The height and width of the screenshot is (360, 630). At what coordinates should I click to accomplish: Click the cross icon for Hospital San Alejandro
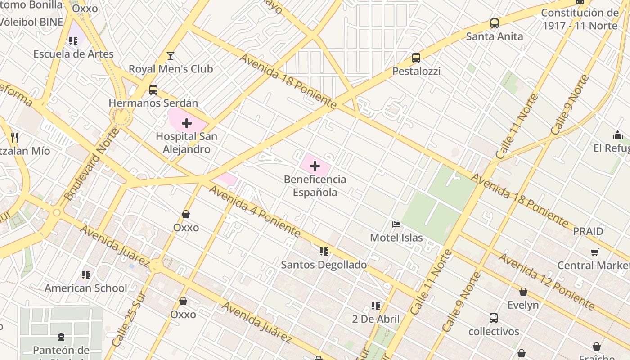[x=187, y=123]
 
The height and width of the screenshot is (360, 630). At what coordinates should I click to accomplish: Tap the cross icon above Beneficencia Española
[x=315, y=166]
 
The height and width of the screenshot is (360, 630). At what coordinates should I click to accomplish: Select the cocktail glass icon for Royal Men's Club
[x=171, y=56]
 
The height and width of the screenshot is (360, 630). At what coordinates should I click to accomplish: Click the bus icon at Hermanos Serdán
[x=153, y=90]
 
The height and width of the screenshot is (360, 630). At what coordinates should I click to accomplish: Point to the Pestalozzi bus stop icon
[x=416, y=58]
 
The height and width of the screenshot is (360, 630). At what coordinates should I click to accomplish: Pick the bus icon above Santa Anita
[x=495, y=23]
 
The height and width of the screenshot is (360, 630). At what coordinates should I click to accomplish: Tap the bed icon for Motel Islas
[x=396, y=224]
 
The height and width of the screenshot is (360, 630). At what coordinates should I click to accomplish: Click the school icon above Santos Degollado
[x=324, y=252]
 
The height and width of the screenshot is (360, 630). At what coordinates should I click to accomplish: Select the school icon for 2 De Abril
[x=376, y=306]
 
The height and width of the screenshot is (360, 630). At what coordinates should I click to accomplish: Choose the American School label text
[x=86, y=288]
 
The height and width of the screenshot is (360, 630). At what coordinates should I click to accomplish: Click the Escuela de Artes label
[x=74, y=54]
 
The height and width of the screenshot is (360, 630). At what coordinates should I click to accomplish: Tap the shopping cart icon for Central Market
[x=595, y=252]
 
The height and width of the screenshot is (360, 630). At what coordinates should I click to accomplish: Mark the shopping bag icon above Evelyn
[x=523, y=292]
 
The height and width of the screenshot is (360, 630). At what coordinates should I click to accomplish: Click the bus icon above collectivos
[x=494, y=318]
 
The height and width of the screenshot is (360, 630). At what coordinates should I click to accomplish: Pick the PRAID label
[x=588, y=231]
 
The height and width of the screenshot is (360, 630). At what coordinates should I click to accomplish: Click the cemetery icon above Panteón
[x=61, y=337]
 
